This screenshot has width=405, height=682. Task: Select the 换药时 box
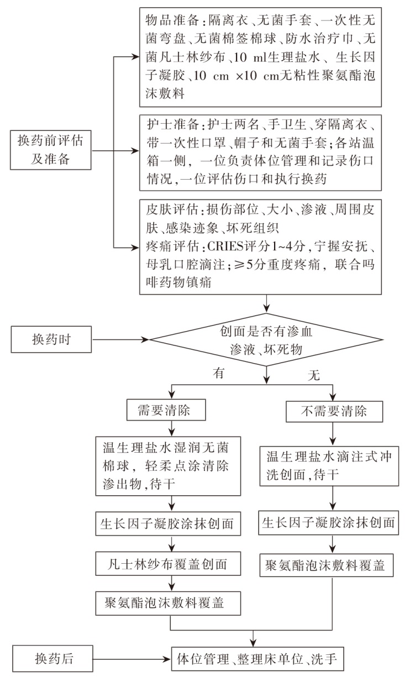tap(51, 339)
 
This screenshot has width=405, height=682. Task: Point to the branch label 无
tap(314, 375)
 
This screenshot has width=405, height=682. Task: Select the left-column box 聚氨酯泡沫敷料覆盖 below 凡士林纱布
tap(169, 602)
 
